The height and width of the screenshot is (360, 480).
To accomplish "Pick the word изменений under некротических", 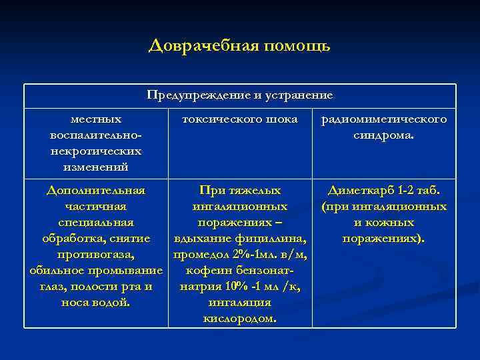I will coord(96,166).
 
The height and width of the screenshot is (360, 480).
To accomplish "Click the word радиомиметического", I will coord(384,120).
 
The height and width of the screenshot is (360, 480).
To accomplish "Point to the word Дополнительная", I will coord(96,191).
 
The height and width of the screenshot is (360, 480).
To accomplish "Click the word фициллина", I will coord(272,239).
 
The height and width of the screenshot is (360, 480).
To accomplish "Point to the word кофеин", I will coord(213,271).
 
